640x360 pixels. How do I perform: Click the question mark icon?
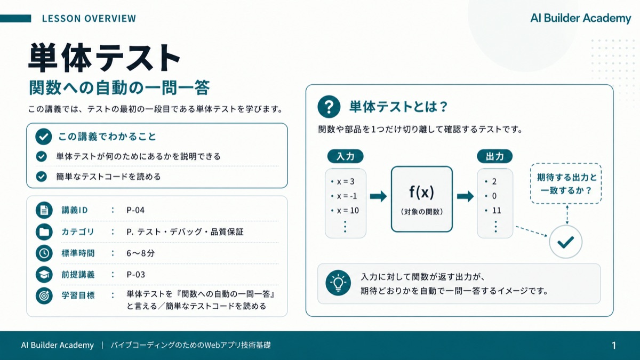coord(329,107)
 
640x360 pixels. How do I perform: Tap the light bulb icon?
coord(338,283)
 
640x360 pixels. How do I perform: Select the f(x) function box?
coord(422,199)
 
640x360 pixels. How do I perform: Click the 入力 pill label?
coord(346,156)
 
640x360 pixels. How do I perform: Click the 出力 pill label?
coord(495,156)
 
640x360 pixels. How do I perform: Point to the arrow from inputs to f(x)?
coord(378,196)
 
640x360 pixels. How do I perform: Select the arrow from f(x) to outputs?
coord(465,196)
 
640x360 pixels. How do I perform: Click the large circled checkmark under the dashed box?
coord(566,242)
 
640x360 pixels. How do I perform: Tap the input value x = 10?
coord(345,211)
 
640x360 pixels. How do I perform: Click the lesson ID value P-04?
coord(135,210)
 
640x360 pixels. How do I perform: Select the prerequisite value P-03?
coord(135,275)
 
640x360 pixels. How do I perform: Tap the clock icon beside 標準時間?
coord(44,253)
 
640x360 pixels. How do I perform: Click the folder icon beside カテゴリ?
coord(44,231)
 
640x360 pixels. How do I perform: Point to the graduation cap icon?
coord(44,275)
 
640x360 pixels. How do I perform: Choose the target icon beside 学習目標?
coord(44,295)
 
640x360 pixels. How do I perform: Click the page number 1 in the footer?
coord(613,346)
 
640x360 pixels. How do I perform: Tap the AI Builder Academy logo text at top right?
coord(581,18)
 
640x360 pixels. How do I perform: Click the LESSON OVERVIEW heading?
coord(89,19)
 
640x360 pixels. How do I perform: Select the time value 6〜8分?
coord(141,253)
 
